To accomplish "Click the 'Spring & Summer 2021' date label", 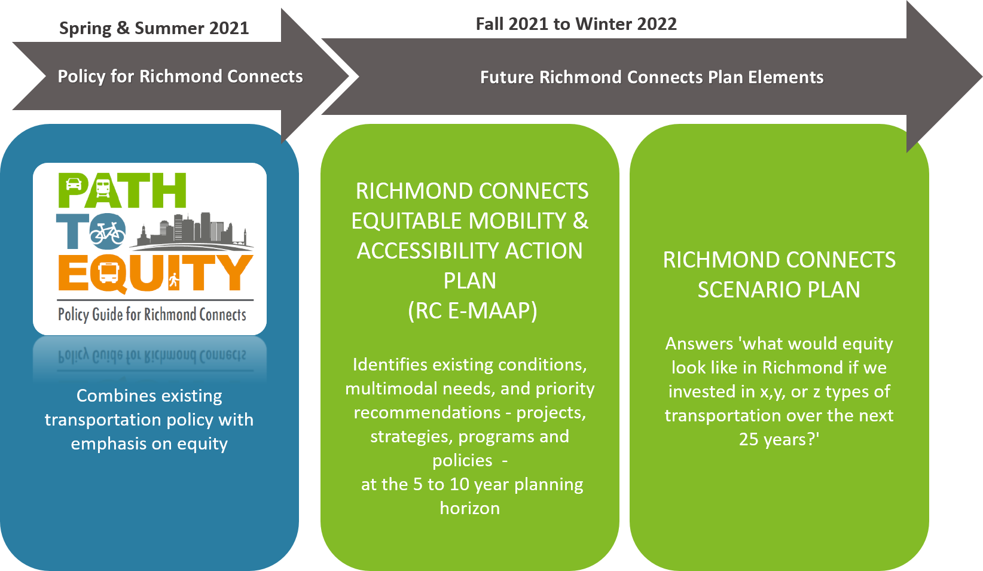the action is tap(154, 28).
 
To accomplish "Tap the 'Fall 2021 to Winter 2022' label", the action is tap(576, 24).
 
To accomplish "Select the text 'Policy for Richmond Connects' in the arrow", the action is tap(181, 77).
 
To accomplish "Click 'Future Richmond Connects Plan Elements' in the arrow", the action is tap(652, 77).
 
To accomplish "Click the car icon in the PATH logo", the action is tap(74, 184).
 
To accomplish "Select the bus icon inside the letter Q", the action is tap(108, 273).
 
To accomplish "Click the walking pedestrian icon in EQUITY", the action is tap(174, 280).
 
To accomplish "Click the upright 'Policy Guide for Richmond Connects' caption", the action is tap(152, 314).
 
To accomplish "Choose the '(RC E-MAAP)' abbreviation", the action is tap(472, 311).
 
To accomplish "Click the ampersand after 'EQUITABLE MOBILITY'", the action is tap(580, 220).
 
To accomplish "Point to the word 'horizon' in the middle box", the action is tap(469, 508).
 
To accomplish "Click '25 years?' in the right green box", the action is tap(779, 439).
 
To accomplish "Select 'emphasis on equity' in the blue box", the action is tap(149, 444).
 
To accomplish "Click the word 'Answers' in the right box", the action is tap(699, 344).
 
